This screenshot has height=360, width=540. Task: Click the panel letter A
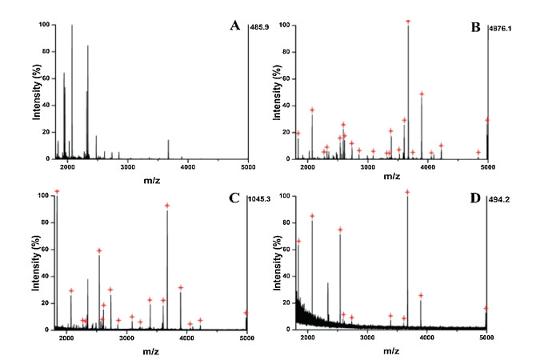[x=234, y=26]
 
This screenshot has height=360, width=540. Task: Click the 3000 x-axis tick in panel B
[x=367, y=166]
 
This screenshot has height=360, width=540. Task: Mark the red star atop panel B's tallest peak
[x=408, y=21]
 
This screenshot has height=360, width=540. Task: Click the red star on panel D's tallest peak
[x=407, y=192]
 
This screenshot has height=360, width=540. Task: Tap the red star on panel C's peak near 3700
[x=167, y=206]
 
